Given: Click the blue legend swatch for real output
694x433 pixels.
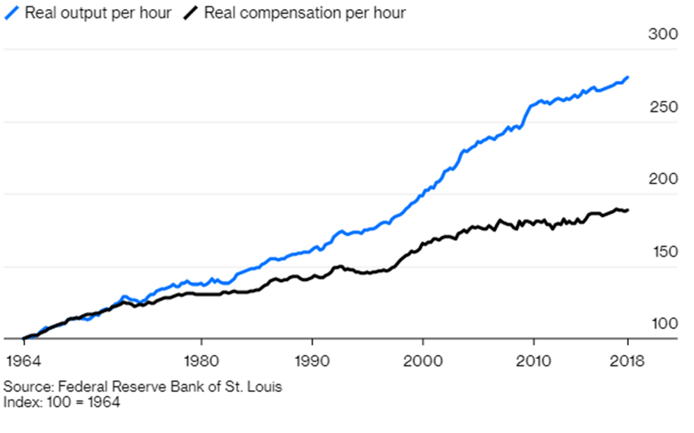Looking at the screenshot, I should [11, 13].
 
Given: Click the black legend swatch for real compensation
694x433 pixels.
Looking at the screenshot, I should [192, 13].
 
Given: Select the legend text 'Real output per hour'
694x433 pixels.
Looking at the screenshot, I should [98, 13].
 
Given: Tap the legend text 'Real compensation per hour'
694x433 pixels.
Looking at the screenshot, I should [305, 13].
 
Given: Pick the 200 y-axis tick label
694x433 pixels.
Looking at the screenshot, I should [662, 180].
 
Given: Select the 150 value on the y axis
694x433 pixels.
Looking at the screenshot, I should [662, 252].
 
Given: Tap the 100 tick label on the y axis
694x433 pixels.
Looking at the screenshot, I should [662, 324].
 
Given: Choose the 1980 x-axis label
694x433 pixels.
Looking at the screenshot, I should [201, 362].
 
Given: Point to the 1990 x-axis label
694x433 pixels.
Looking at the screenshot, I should [312, 362].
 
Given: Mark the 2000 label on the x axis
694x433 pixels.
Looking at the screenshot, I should [423, 362].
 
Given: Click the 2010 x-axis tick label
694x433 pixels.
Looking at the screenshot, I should [534, 362].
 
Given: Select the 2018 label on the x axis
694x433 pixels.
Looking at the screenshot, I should [627, 362].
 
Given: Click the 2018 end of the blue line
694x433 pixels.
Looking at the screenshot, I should [628, 77].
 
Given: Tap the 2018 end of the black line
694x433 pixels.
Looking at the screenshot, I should [628, 210].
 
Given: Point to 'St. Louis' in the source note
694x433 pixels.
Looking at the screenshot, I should [255, 387].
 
